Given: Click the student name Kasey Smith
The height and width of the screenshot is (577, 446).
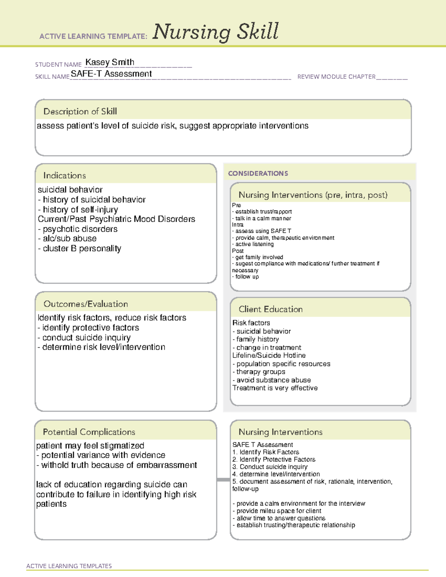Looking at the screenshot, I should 110,62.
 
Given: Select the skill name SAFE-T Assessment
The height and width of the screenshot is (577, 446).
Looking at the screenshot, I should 111,74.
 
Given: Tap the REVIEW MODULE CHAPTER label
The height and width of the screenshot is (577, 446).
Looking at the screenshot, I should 336,77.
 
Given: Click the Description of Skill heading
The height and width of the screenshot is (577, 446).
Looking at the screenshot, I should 80,111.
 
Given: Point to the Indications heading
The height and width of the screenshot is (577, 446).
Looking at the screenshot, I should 64,175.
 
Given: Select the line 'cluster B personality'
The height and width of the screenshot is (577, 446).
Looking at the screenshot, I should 80,249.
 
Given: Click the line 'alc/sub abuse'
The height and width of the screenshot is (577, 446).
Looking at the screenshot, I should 67,239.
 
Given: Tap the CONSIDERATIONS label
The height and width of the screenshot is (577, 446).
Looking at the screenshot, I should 258,174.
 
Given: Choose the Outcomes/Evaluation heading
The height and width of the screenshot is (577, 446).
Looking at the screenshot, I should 85,304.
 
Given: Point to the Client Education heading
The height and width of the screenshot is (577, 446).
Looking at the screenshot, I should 271,309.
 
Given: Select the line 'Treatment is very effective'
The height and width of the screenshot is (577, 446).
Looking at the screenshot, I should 275,388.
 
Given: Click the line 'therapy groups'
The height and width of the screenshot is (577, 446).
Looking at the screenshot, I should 259,372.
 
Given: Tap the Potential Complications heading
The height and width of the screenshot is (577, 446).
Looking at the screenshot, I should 89,432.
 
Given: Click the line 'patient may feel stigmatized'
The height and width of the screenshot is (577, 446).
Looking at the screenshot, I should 90,445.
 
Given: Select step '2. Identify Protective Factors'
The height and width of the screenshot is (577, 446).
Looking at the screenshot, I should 274,460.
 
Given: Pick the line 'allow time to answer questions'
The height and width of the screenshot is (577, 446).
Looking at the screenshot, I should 279,518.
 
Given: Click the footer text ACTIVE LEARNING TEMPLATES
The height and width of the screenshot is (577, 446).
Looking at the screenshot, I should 69,566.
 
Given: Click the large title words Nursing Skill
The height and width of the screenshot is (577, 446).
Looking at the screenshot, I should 215,32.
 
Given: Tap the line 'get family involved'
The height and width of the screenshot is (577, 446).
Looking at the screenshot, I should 258,257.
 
